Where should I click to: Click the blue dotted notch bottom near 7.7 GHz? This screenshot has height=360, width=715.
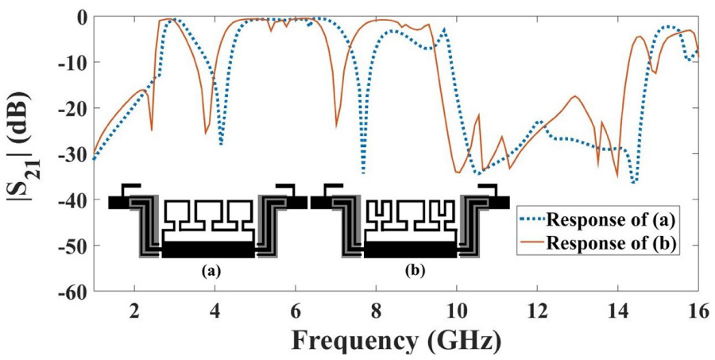364,171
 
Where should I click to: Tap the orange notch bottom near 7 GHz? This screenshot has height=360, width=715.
336,126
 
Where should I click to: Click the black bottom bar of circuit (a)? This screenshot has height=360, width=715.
208,250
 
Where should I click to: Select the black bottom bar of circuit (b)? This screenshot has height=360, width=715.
410,250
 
